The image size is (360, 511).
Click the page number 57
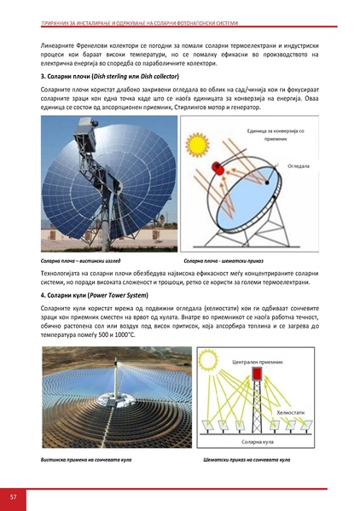[13, 496]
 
